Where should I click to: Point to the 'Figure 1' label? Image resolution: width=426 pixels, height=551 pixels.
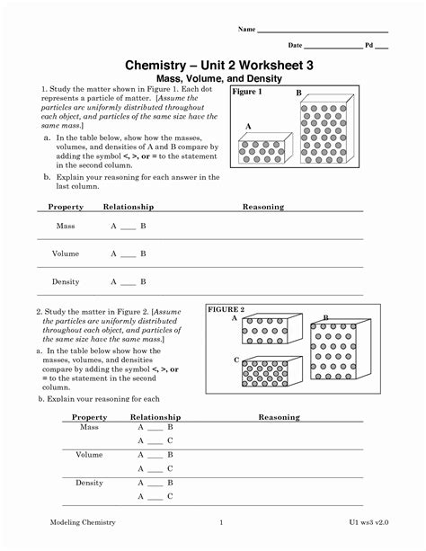246,93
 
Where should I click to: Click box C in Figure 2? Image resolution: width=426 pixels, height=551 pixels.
272,374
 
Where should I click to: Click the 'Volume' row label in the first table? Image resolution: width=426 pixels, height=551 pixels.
66,253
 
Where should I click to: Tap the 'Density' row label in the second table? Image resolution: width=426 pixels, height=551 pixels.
89,483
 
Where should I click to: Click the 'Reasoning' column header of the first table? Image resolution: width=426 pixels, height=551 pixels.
262,207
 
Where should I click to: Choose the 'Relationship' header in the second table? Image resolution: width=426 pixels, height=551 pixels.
155,417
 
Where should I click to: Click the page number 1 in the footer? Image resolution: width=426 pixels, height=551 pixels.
221,522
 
